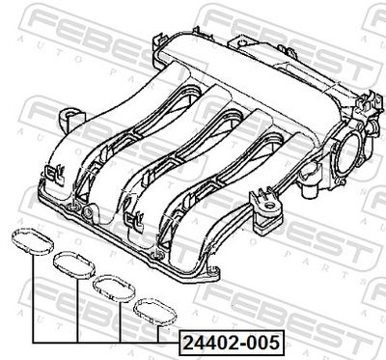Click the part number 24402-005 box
click(232, 343)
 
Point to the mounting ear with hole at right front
click(267, 207)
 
